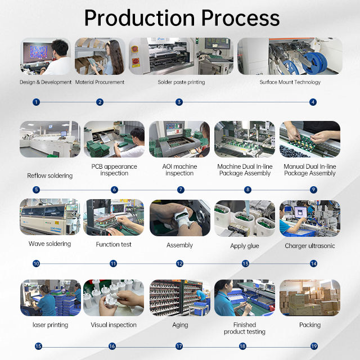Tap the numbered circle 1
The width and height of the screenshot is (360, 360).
pyautogui.click(x=37, y=102)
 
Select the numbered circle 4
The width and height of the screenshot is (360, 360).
pyautogui.click(x=313, y=102)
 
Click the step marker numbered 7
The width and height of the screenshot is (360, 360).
pyautogui.click(x=181, y=190)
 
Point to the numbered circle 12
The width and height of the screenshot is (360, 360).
pyautogui.click(x=179, y=263)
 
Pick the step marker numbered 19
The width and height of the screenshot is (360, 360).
pyautogui.click(x=314, y=346)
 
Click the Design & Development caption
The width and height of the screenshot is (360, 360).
pyautogui.click(x=46, y=82)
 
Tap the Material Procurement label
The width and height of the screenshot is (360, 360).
pyautogui.click(x=100, y=82)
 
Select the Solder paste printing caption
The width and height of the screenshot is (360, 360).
pyautogui.click(x=181, y=82)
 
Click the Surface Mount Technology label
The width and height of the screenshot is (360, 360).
pyautogui.click(x=290, y=82)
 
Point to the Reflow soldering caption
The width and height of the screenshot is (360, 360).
pyautogui.click(x=50, y=176)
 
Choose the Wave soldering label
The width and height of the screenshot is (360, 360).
pyautogui.click(x=50, y=244)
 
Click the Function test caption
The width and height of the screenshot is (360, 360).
pyautogui.click(x=114, y=245)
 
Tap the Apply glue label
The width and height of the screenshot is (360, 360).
pyautogui.click(x=245, y=246)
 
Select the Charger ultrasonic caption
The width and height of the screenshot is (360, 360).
pyautogui.click(x=310, y=246)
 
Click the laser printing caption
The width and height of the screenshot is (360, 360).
pyautogui.click(x=50, y=325)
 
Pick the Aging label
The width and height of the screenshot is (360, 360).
pyautogui.click(x=180, y=325)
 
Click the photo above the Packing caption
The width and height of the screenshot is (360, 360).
pyautogui.click(x=310, y=298)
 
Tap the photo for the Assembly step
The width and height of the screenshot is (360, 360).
pyautogui.click(x=179, y=218)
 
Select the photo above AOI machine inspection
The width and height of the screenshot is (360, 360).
pyautogui.click(x=179, y=139)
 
